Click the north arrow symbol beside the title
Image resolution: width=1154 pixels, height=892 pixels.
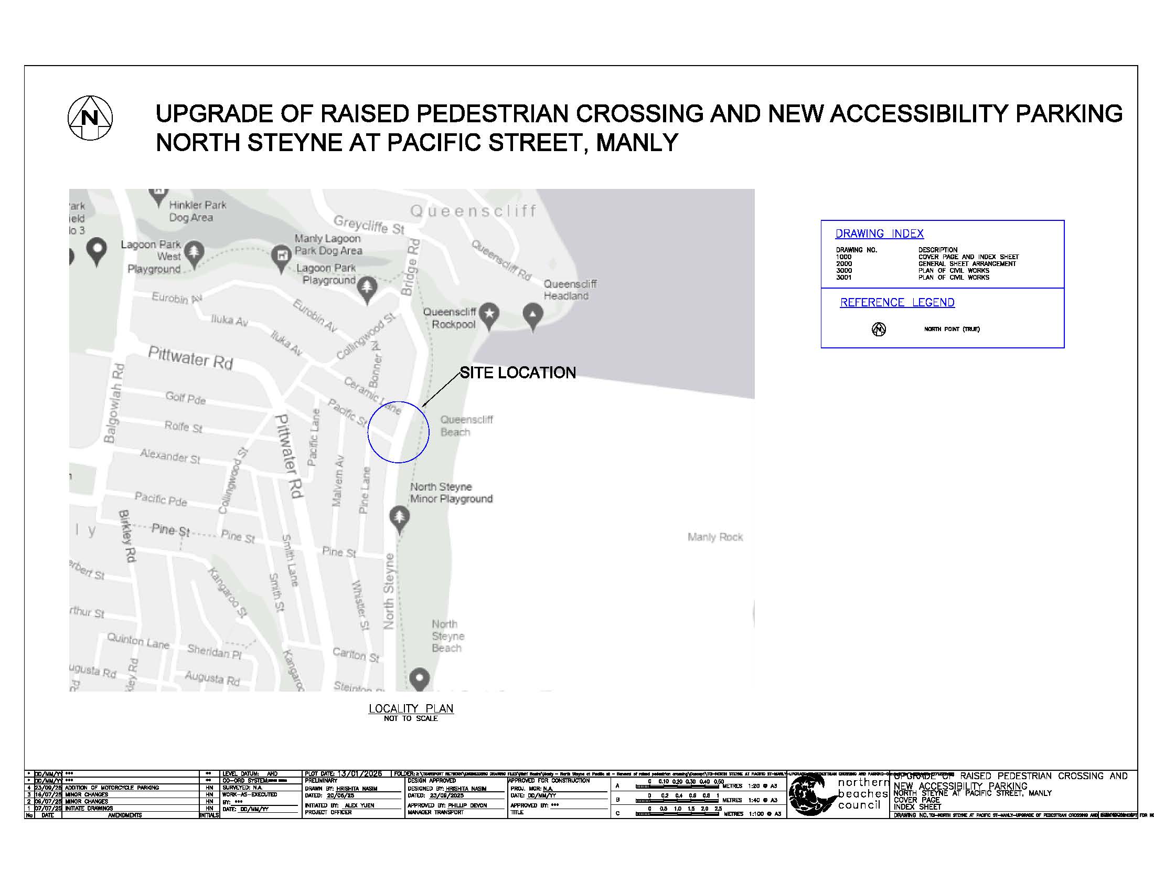pyautogui.click(x=90, y=118)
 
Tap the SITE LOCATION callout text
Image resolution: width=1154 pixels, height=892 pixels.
pyautogui.click(x=517, y=373)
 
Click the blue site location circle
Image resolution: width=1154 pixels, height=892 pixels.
pyautogui.click(x=399, y=432)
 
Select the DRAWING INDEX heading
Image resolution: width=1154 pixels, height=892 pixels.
pyautogui.click(x=879, y=233)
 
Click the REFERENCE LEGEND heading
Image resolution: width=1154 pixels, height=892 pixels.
pyautogui.click(x=897, y=303)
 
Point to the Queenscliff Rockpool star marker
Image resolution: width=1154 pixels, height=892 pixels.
pyautogui.click(x=490, y=313)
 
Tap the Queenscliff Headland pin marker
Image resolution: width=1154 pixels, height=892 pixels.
pyautogui.click(x=532, y=315)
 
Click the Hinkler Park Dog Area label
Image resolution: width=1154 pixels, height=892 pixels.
pyautogui.click(x=197, y=211)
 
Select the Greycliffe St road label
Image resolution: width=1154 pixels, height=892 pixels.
pyautogui.click(x=369, y=225)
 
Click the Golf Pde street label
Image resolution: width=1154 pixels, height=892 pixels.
pyautogui.click(x=185, y=398)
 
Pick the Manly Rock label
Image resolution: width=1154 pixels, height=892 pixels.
pyautogui.click(x=715, y=537)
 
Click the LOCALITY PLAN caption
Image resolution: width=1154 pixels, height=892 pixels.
pyautogui.click(x=411, y=709)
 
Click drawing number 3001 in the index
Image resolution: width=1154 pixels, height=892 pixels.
pyautogui.click(x=844, y=278)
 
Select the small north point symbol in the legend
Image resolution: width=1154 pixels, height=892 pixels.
pyautogui.click(x=879, y=329)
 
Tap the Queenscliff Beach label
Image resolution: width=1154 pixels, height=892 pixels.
pyautogui.click(x=466, y=426)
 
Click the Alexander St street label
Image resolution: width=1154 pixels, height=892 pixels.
pyautogui.click(x=170, y=455)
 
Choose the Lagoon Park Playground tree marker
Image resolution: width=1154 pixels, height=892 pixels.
pyautogui.click(x=367, y=289)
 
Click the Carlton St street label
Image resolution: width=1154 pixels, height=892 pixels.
pyautogui.click(x=356, y=655)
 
